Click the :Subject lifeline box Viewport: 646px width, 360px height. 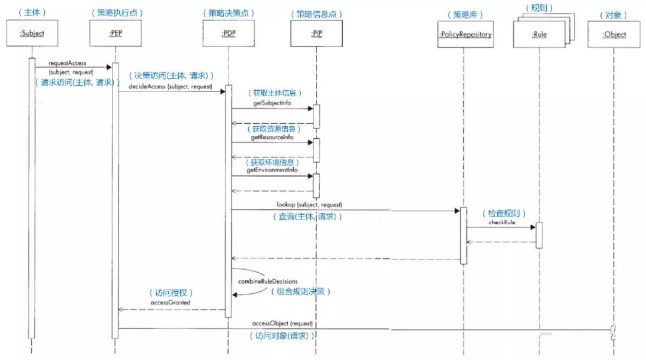[32, 34]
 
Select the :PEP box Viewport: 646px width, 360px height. [116, 34]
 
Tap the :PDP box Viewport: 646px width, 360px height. [228, 34]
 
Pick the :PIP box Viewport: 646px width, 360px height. [316, 34]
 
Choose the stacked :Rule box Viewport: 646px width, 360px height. [539, 34]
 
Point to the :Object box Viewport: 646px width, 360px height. [614, 34]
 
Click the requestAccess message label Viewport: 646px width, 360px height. [67, 63]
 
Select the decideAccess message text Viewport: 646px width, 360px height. [170, 87]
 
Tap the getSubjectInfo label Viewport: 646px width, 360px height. [272, 103]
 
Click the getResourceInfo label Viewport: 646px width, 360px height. [272, 137]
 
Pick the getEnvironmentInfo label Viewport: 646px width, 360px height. [272, 170]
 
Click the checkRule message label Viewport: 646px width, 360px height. [501, 222]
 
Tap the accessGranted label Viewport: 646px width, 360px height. [172, 303]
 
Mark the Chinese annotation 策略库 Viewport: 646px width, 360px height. [465, 14]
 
